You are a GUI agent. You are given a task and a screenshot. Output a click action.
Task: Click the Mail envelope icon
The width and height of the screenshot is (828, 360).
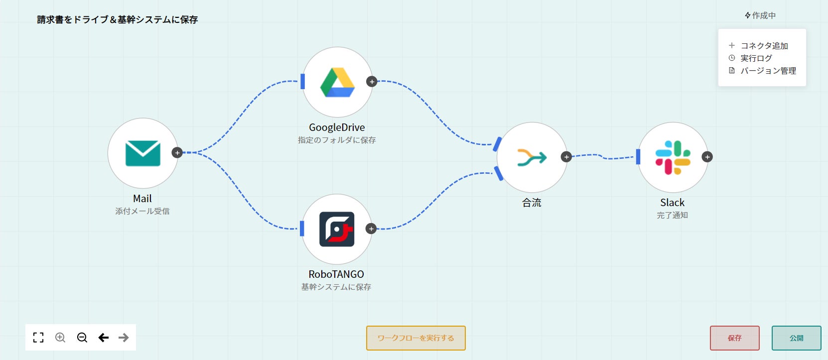click(142, 153)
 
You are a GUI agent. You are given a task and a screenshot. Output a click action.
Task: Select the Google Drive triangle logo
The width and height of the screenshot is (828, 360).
click(337, 82)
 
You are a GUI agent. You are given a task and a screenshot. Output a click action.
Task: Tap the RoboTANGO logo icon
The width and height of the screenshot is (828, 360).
click(337, 229)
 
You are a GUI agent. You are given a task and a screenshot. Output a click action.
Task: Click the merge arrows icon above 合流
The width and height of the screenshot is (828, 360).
click(532, 157)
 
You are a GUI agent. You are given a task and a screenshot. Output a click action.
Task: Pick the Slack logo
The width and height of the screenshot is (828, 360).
click(673, 157)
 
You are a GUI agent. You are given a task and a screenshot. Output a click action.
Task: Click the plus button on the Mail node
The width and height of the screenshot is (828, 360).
click(177, 152)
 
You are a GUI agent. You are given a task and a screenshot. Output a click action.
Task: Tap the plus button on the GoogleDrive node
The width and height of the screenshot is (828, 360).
click(372, 82)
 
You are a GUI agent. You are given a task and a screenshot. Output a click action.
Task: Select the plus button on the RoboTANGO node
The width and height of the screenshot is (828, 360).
click(371, 229)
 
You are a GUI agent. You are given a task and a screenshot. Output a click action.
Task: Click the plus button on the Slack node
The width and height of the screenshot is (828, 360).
click(707, 157)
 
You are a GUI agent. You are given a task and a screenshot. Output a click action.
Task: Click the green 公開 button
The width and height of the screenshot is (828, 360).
click(796, 338)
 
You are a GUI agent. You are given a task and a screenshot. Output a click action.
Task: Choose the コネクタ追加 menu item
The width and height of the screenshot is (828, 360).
click(764, 46)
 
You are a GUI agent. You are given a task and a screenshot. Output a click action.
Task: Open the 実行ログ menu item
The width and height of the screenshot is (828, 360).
click(756, 58)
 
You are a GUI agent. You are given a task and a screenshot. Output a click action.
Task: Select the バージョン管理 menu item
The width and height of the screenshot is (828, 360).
click(768, 71)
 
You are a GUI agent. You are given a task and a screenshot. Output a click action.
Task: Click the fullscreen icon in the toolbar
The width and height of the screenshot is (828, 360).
click(38, 338)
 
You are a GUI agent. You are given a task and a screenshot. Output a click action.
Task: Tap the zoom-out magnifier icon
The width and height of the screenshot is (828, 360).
click(82, 338)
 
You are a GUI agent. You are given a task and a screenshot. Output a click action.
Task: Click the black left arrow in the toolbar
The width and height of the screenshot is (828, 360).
click(104, 338)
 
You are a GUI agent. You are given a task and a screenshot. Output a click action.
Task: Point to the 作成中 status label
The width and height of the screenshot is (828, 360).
click(760, 15)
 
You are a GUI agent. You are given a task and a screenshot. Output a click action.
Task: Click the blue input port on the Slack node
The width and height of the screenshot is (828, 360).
click(638, 157)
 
